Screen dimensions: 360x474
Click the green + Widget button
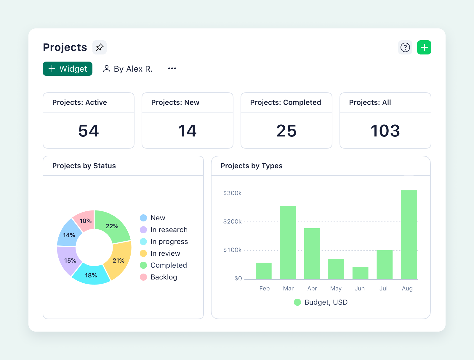pos(68,69)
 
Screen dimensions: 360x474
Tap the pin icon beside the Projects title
pos(100,47)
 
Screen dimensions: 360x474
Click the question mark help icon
pos(405,47)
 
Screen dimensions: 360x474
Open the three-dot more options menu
pos(172,69)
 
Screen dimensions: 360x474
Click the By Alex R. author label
pos(128,69)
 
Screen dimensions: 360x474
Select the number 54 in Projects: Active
pos(88,131)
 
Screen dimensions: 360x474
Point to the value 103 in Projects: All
pos(385,131)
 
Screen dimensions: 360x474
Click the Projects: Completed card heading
pos(285,102)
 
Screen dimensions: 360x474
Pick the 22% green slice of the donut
pos(112,226)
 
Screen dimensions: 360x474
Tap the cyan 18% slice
pos(91,275)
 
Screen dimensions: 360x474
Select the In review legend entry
pos(165,253)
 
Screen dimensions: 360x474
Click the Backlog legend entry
pos(164,277)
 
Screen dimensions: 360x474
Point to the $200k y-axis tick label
pos(232,221)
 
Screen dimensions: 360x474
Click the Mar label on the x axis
pos(288,288)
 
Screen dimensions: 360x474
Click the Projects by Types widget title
pos(251,166)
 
